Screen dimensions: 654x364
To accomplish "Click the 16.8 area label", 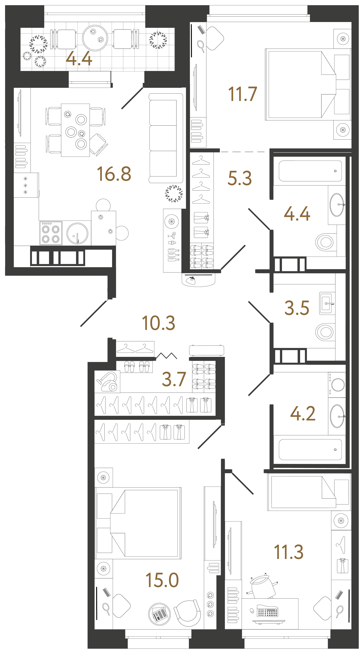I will (x=114, y=174).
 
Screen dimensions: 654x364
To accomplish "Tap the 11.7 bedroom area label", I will (x=242, y=94).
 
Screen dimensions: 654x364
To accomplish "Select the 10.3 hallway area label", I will (x=158, y=323).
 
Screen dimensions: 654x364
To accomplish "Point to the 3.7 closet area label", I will (x=174, y=379).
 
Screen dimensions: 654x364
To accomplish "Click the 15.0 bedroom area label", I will (x=162, y=580).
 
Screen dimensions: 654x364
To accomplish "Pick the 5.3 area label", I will (x=240, y=178).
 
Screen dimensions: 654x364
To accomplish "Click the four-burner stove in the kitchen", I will (x=51, y=233).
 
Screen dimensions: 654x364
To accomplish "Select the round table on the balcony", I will (x=95, y=38).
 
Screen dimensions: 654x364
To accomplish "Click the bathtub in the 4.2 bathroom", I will (x=310, y=450).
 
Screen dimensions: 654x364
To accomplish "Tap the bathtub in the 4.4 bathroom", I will (x=310, y=171).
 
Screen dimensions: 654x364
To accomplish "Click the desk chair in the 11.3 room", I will (x=263, y=586).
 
